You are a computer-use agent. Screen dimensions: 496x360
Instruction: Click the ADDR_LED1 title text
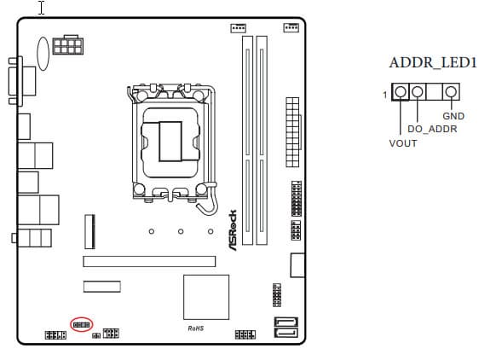(433, 62)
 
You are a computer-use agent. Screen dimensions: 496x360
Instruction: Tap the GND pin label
(453, 116)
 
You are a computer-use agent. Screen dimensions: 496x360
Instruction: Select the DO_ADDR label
(432, 129)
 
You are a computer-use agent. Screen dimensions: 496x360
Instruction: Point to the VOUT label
(403, 143)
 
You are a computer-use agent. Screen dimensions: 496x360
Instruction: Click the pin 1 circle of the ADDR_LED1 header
(401, 92)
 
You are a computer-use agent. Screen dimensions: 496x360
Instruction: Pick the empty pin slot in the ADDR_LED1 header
(434, 92)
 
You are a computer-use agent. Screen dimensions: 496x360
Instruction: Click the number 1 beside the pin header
(384, 95)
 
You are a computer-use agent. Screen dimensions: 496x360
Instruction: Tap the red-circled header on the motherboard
(81, 325)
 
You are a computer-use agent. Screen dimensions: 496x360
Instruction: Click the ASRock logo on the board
(233, 230)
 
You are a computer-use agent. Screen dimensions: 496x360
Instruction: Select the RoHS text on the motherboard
(196, 328)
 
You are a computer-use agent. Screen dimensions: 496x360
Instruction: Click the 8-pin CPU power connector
(67, 45)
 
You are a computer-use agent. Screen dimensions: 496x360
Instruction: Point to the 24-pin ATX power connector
(292, 132)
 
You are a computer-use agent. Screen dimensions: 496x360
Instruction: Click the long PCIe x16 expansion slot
(149, 262)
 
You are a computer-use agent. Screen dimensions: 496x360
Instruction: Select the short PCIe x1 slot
(102, 287)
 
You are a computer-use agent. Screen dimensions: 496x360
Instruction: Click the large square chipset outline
(206, 297)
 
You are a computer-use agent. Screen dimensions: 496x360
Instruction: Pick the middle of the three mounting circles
(181, 231)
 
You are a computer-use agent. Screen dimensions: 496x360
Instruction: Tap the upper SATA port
(286, 322)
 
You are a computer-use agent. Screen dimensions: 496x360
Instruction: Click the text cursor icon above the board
(42, 8)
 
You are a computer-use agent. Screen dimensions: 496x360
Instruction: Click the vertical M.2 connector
(89, 232)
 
